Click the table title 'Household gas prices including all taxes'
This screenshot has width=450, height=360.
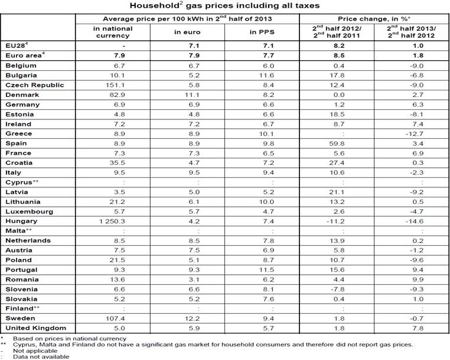224,5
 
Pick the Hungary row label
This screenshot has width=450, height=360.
22,221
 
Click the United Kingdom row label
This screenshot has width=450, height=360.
34,327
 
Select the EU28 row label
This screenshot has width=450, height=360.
16,45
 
